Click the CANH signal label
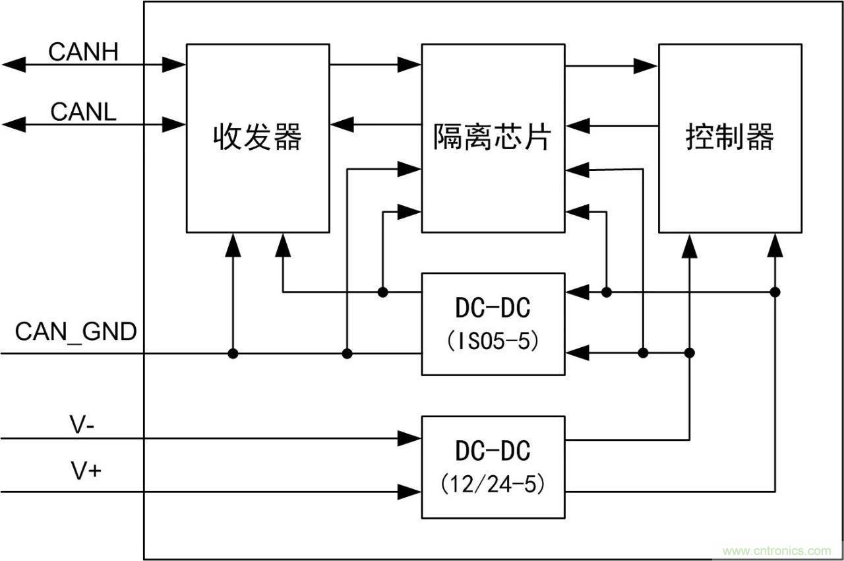(83, 51)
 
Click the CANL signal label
(83, 111)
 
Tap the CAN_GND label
(76, 331)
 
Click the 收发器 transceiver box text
(257, 138)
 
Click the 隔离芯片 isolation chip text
(492, 138)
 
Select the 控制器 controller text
(729, 138)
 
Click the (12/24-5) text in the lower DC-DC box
(492, 484)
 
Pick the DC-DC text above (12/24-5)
(492, 451)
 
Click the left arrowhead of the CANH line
(15, 64)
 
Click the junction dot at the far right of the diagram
(775, 292)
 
